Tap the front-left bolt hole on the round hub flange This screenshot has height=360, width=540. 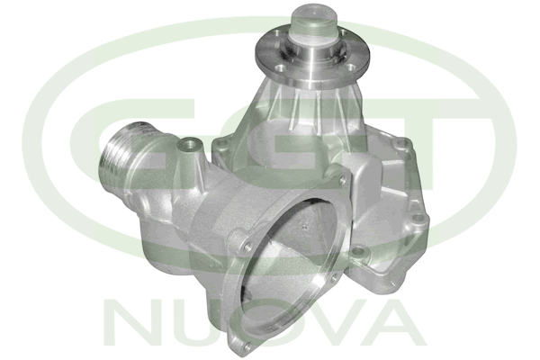[x=281, y=68]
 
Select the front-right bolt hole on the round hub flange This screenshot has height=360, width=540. [x=350, y=67]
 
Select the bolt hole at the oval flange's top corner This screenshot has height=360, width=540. [x=342, y=179]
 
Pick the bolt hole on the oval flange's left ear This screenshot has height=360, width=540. [x=247, y=247]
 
